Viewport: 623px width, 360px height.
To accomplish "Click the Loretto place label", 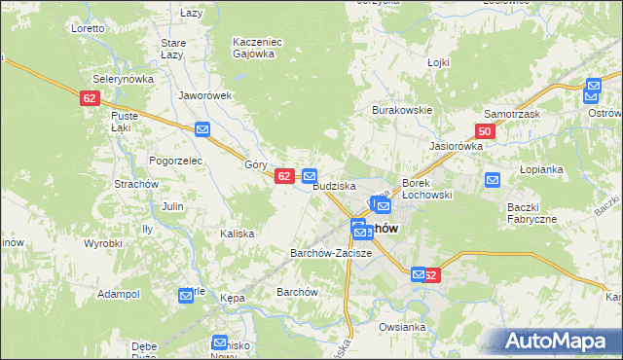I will coord(88,28).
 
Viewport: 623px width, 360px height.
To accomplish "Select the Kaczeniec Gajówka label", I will coord(256,48).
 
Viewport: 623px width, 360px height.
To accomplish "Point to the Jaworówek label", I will coord(204,95).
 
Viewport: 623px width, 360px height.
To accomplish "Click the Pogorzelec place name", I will coord(174,160).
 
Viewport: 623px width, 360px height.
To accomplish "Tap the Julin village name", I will coord(173,206).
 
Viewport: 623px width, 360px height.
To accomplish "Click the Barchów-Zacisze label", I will coord(331,253).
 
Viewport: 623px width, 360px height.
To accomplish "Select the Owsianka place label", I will coord(403,327).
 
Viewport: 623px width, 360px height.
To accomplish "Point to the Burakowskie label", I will coord(401,110).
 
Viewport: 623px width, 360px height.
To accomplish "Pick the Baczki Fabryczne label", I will coord(531,213).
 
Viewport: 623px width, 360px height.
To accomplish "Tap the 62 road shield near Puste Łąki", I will coord(90,98).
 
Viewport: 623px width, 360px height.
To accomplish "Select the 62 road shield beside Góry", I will coord(284,176).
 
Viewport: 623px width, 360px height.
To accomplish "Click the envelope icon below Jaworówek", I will coord(202,129).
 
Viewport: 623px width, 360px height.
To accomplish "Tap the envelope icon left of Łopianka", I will coord(493,179).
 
